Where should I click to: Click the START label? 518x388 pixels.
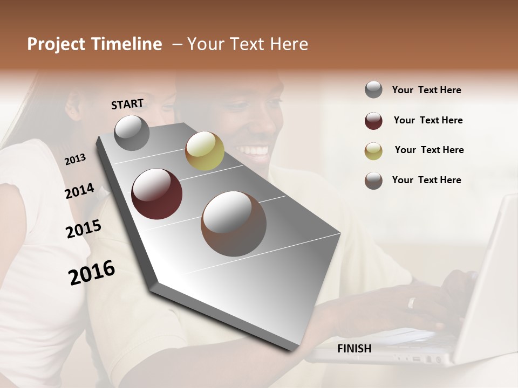coord(127,104)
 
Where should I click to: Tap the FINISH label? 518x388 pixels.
coord(354,349)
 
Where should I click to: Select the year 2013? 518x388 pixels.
coord(75,160)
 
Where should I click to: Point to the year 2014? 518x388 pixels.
coord(79,191)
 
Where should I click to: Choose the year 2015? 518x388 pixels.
coord(83,229)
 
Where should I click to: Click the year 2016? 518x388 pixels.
coord(92,273)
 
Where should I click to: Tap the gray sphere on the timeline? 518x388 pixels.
coord(132,133)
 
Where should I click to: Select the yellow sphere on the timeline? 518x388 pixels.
coord(205,151)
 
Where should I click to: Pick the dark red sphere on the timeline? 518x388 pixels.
coord(157,194)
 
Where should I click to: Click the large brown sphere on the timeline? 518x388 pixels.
coord(234,224)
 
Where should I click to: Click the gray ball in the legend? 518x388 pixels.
coord(373,90)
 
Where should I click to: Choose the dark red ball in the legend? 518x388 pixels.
coord(373,121)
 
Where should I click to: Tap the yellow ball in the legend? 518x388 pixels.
coord(373,151)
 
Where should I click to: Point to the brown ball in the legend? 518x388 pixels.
coord(373,181)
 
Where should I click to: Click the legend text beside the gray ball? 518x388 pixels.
coord(426,90)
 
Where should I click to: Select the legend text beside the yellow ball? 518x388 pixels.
coord(429,150)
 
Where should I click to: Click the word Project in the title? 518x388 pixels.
coord(56,44)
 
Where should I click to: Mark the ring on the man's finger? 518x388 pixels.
coord(412,302)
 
